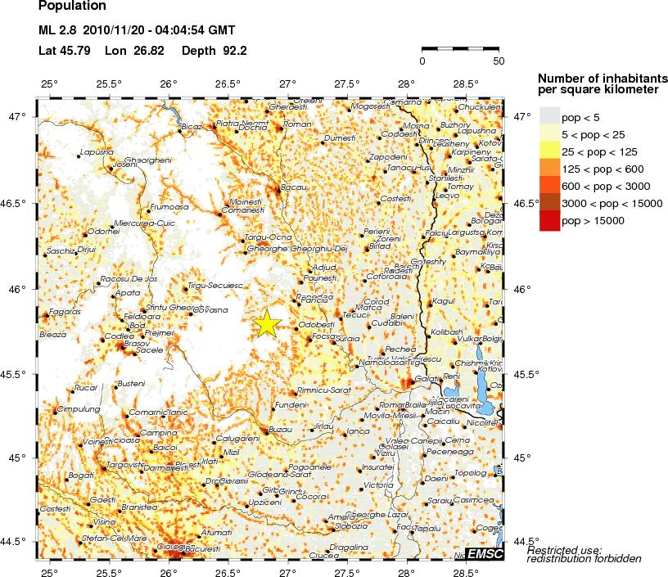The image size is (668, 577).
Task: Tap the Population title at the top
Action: (x=72, y=7)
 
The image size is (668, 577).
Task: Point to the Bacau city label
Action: (x=293, y=187)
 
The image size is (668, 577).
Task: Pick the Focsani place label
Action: (x=324, y=336)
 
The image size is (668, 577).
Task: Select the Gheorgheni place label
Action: (x=147, y=160)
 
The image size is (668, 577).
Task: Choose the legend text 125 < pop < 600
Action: (x=602, y=169)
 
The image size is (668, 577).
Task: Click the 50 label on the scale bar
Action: (x=499, y=61)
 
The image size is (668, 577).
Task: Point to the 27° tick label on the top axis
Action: (x=288, y=84)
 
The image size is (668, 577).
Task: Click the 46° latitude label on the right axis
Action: (x=525, y=289)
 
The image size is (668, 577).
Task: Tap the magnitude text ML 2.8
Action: (x=56, y=31)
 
